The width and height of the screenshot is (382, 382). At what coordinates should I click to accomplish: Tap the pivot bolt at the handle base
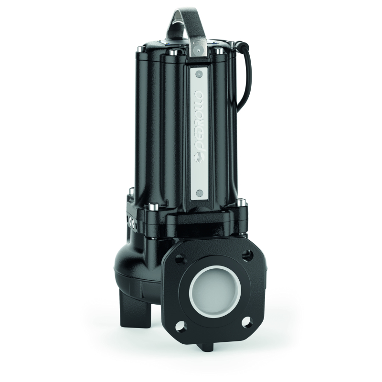click(x=198, y=50)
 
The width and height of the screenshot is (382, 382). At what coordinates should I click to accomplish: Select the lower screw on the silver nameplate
click(x=199, y=193)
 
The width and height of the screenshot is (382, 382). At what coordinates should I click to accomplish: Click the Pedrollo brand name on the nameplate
click(x=201, y=122)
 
